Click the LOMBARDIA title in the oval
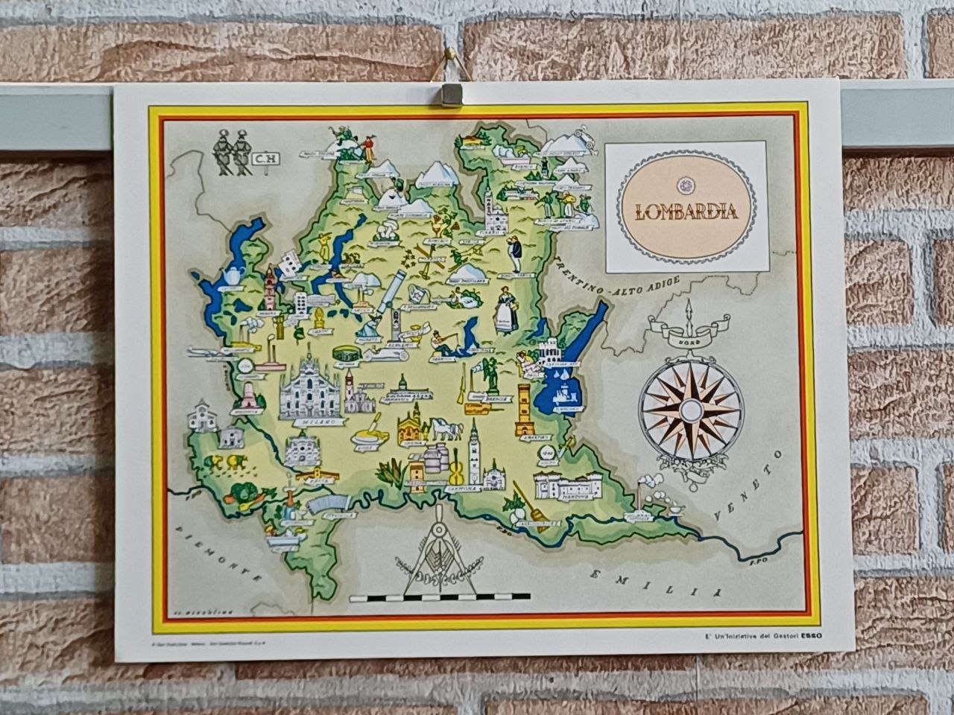tap(677, 211)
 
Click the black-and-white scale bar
tap(439, 597)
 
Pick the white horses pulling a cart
tap(445, 429)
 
